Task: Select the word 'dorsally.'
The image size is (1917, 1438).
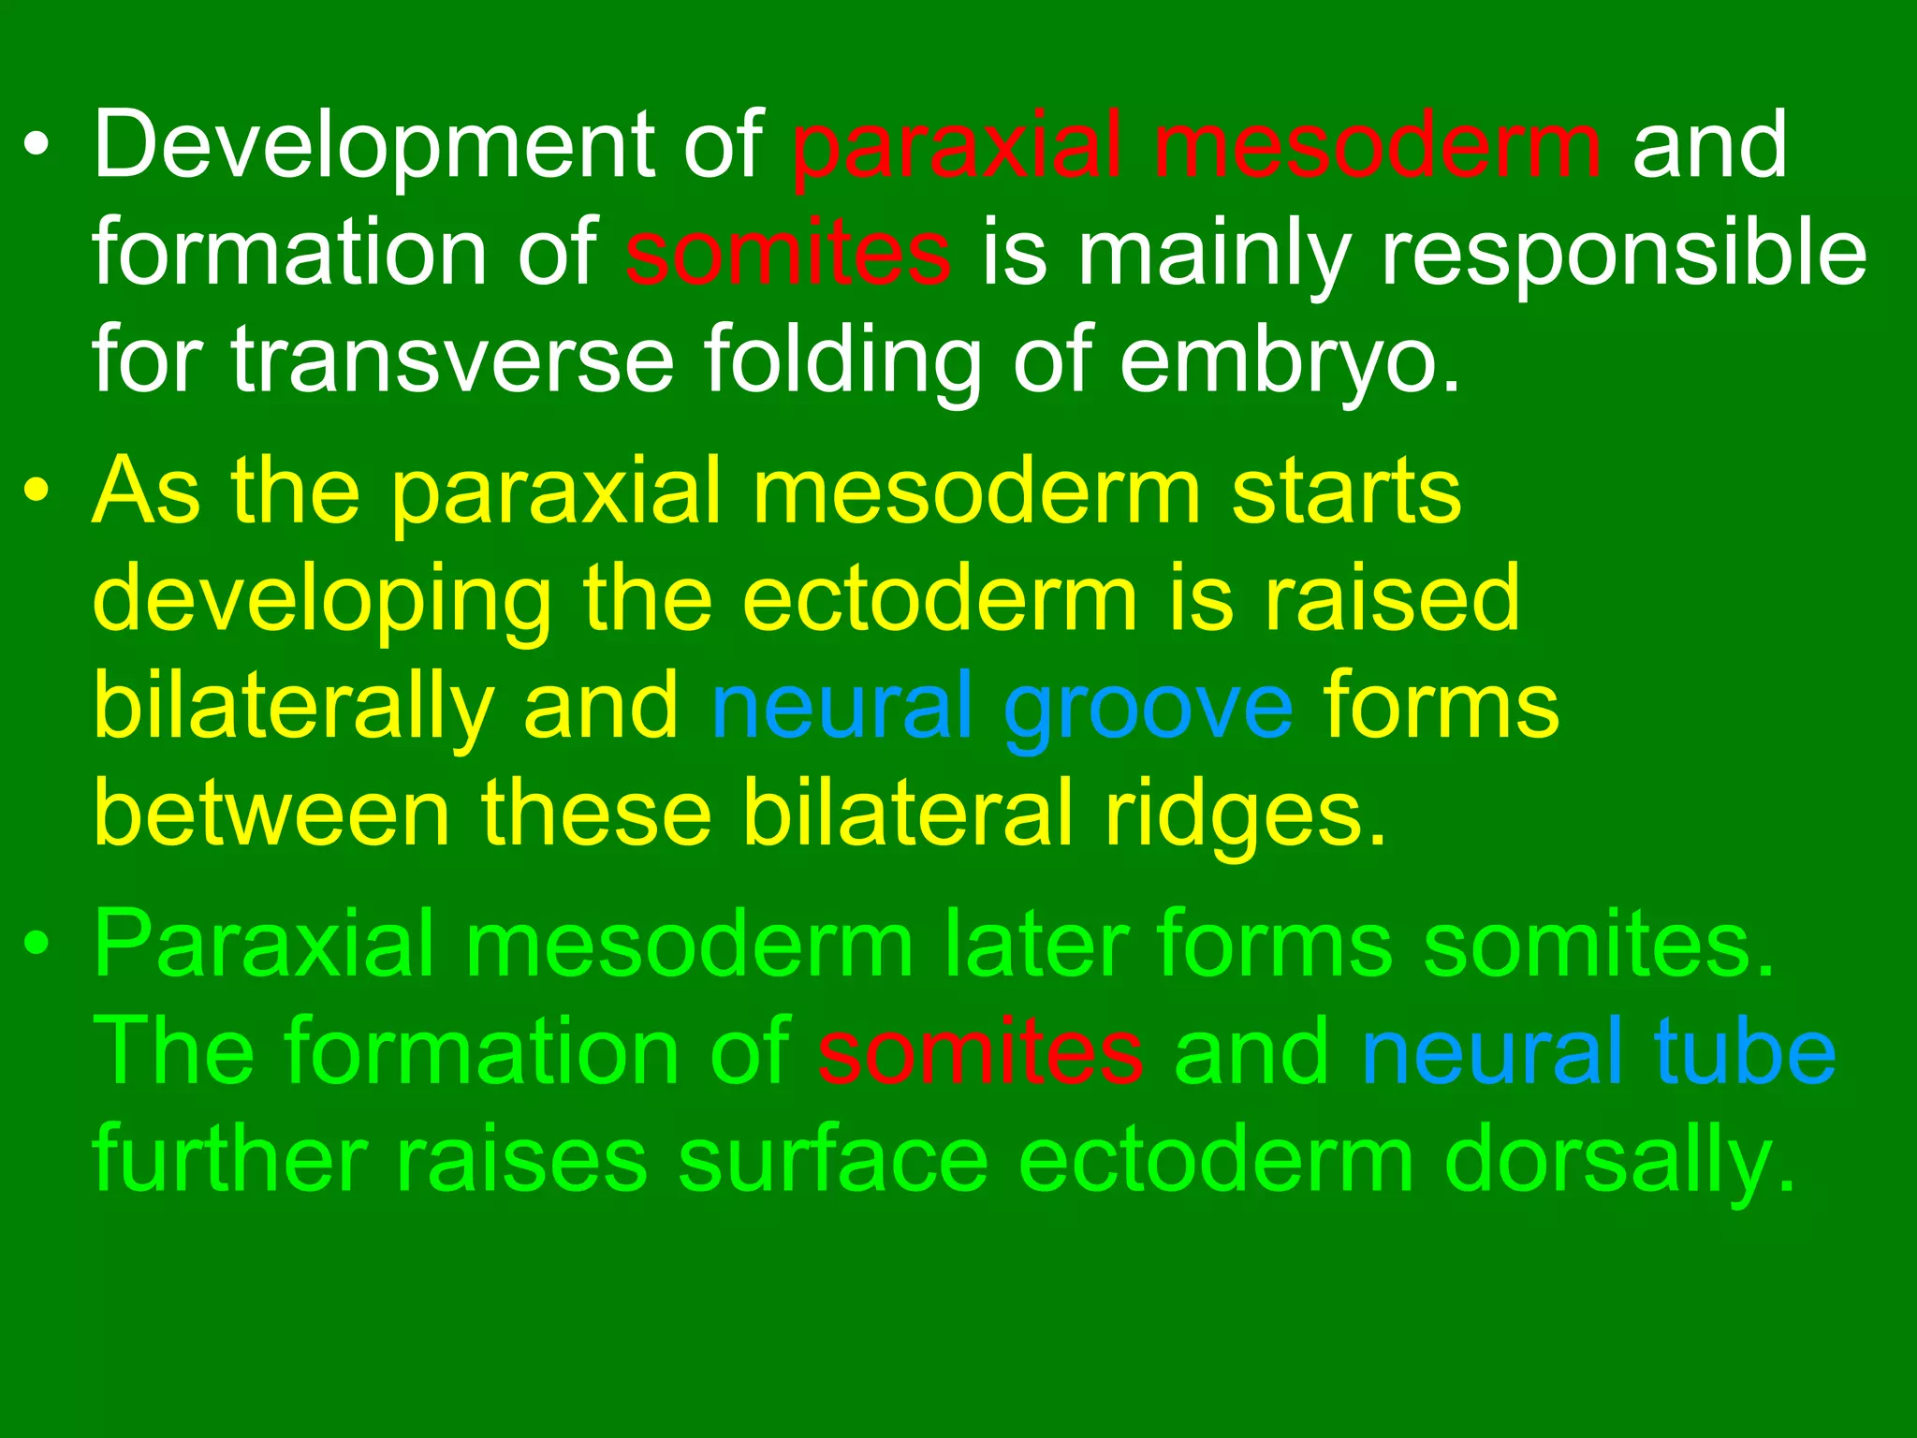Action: pos(1620,1161)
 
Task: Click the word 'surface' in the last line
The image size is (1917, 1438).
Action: pos(833,1161)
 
